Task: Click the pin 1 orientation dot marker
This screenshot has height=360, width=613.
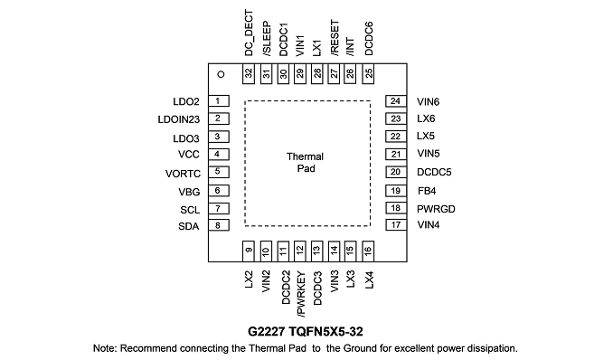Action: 221,74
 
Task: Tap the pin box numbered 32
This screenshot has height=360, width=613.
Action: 249,73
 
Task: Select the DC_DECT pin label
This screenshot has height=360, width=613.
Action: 249,33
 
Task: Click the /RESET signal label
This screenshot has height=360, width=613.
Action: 335,38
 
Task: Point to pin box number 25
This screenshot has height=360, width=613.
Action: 368,73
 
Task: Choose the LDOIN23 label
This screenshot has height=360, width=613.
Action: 179,119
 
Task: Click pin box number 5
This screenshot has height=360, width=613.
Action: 219,172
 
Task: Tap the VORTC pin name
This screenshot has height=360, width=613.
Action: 183,174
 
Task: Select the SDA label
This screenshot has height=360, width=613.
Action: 189,226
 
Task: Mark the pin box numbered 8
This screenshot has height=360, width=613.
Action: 219,225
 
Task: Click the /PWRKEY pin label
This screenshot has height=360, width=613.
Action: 301,294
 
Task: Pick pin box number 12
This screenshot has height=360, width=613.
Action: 300,251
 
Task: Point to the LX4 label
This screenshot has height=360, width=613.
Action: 370,279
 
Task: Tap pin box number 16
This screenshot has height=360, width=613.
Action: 368,251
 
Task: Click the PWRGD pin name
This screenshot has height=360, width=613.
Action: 436,209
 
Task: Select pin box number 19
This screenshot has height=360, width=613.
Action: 396,191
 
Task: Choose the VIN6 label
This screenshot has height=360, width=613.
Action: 428,102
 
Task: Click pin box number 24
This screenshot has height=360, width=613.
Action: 396,101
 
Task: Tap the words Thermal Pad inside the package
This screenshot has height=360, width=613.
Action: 306,163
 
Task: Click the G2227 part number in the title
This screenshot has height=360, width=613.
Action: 266,332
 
